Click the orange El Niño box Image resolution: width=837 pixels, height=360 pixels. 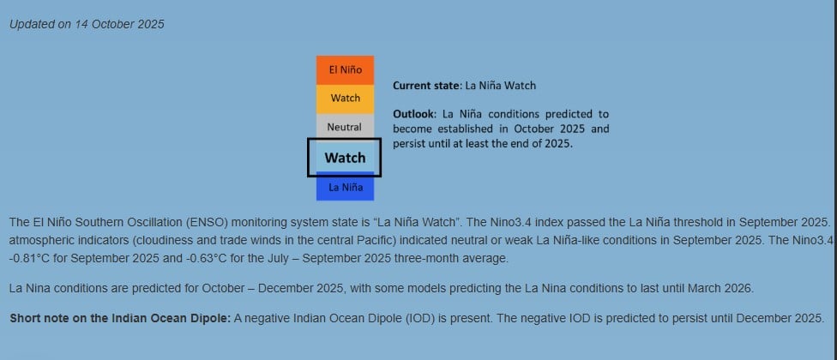click(x=345, y=70)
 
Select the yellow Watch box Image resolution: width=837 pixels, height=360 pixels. click(x=345, y=99)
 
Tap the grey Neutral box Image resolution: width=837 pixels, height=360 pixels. click(x=345, y=126)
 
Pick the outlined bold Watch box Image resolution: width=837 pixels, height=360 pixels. click(x=344, y=158)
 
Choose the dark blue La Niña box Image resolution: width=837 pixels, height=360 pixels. click(x=345, y=188)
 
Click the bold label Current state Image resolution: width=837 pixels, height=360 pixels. click(x=426, y=86)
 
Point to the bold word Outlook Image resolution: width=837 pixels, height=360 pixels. click(x=414, y=114)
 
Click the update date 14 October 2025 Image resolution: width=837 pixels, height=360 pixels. click(x=120, y=25)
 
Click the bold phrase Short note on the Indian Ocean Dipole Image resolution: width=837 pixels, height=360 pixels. click(x=120, y=319)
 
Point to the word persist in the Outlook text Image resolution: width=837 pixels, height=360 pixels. click(x=408, y=144)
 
